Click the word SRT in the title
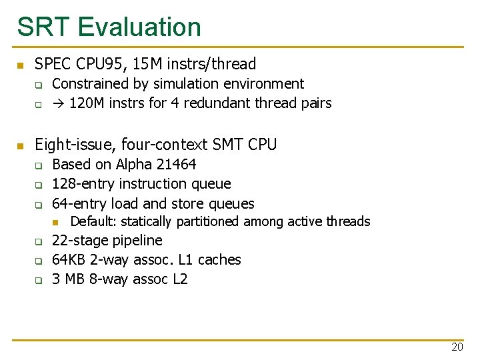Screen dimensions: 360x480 click(x=43, y=27)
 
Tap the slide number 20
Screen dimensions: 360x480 click(x=457, y=347)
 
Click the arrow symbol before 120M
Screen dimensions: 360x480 click(x=58, y=103)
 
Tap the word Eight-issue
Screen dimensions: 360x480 click(x=73, y=145)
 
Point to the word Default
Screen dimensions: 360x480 click(x=93, y=221)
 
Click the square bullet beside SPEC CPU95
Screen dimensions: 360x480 click(x=20, y=65)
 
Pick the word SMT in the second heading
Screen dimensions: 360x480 click(x=227, y=145)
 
